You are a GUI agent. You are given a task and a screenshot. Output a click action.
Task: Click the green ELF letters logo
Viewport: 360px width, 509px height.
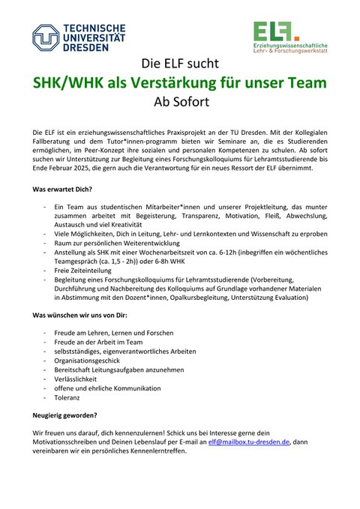(x=272, y=30)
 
